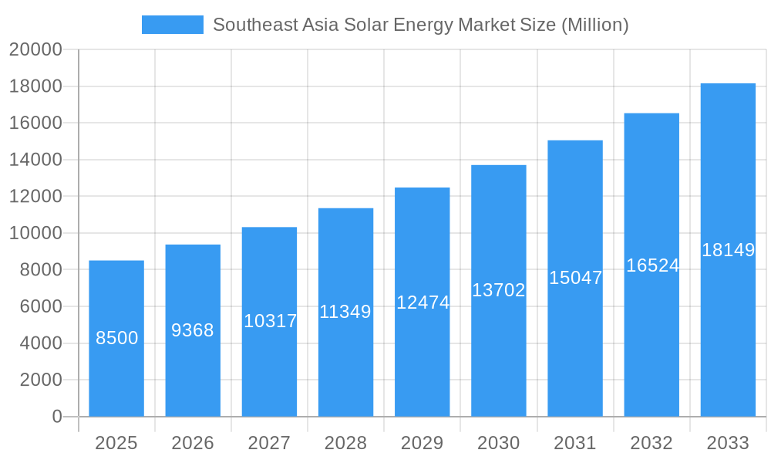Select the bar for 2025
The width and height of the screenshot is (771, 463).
pos(116,339)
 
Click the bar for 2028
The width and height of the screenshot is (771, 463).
pos(345,313)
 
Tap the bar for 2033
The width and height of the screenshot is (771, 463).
pos(728,250)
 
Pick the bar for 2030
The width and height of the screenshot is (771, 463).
pos(499,291)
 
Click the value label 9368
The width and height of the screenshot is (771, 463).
pos(193,330)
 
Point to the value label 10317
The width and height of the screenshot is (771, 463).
pos(270,321)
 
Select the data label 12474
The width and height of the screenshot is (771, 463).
pos(423,302)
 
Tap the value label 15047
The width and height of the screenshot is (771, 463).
pos(575,278)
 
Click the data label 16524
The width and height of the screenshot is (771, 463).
pos(652,265)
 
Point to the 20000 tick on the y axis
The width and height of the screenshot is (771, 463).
pos(35,50)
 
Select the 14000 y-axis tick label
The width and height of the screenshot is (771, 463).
pos(35,160)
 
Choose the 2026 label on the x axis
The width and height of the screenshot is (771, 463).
pos(193,443)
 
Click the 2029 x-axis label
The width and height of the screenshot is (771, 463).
pos(423,443)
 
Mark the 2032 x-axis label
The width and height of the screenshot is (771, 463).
pos(651,443)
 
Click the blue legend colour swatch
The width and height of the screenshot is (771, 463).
pos(173,25)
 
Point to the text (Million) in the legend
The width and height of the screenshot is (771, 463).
pos(594,25)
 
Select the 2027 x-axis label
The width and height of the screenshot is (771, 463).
pos(269,443)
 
